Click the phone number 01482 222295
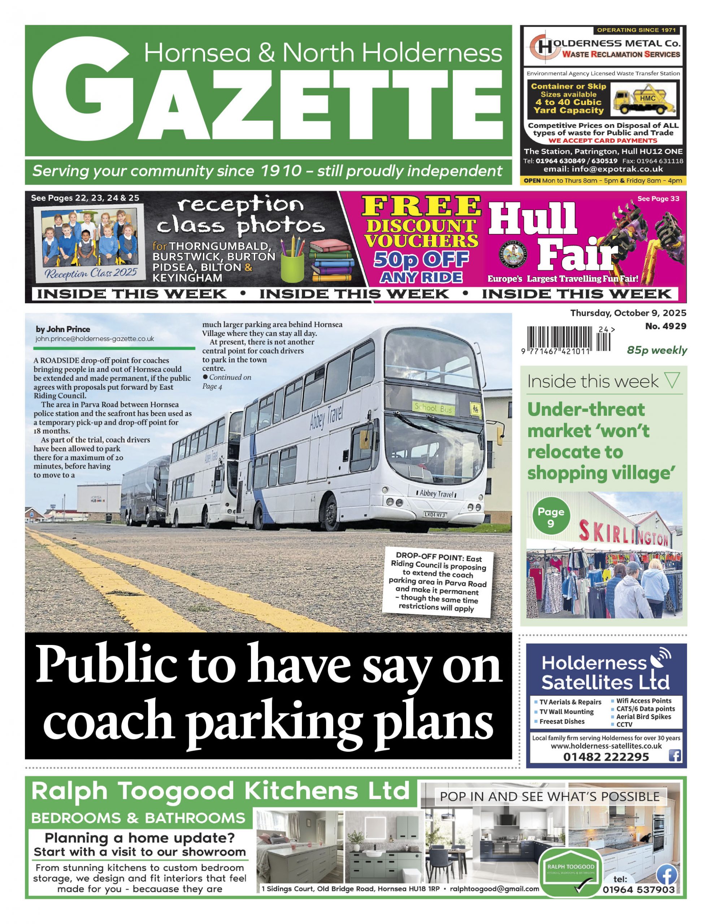[x=606, y=757]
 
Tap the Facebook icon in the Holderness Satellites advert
[x=675, y=755]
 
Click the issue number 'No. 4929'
[x=665, y=326]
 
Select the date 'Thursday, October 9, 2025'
[x=628, y=313]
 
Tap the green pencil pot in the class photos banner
[x=292, y=265]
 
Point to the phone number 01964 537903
[x=639, y=890]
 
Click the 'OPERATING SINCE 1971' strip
[x=636, y=30]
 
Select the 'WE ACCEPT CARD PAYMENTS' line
[x=603, y=140]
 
